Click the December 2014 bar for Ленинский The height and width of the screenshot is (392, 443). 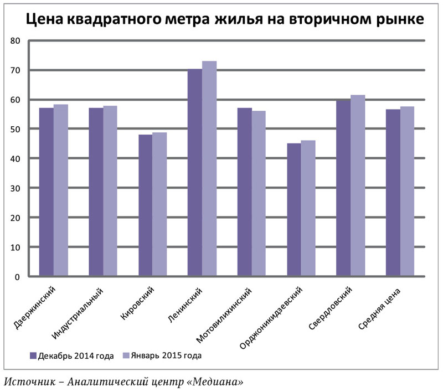click(195, 172)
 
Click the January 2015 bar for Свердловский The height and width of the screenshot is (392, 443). click(358, 185)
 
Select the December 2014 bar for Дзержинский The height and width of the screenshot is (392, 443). click(47, 192)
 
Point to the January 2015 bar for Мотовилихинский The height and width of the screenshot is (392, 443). click(259, 193)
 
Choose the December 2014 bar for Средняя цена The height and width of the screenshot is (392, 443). click(393, 192)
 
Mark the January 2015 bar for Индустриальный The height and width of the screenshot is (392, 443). click(110, 190)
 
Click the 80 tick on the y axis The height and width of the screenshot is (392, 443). click(15, 41)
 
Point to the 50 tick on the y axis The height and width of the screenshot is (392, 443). click(15, 129)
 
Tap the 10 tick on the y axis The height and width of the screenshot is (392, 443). click(15, 247)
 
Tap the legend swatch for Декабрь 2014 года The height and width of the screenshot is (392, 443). click(33, 355)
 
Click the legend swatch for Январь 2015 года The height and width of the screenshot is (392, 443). click(125, 355)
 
